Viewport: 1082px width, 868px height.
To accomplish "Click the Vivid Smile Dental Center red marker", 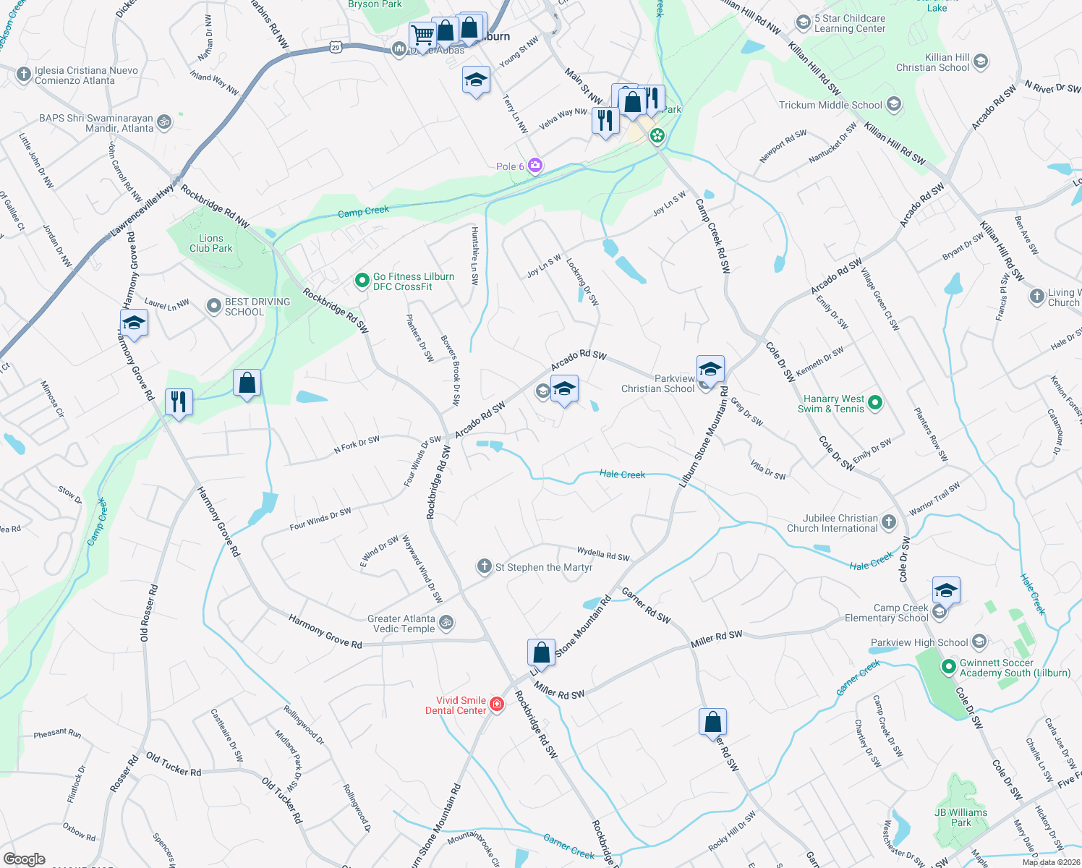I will [497, 705].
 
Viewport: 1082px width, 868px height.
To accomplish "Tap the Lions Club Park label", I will [211, 243].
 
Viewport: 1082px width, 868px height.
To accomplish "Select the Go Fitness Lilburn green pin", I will [362, 281].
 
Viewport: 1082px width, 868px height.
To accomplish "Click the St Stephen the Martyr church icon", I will [485, 566].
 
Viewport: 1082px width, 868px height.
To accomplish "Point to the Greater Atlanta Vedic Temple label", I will [401, 624].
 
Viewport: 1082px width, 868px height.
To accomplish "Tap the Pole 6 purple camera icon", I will [535, 166].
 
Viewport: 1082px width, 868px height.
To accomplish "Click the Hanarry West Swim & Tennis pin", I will [875, 403].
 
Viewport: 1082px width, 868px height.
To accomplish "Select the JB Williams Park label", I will [960, 817].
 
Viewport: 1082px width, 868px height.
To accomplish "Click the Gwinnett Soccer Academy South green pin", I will [949, 667].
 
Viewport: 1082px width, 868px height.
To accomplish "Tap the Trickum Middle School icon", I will [894, 105].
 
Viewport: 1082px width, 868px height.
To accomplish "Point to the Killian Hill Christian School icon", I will [981, 61].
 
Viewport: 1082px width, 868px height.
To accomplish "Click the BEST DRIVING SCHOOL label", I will [257, 307].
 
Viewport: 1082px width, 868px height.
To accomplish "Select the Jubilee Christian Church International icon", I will [890, 522].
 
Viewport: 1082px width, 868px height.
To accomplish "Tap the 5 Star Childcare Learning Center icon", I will [803, 22].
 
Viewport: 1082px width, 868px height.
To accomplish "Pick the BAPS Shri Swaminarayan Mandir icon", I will [165, 122].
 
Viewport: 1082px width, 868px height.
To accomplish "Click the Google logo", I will [25, 859].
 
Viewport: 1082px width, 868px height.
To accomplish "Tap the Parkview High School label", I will [919, 642].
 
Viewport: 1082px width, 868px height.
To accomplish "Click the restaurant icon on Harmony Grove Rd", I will [178, 401].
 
